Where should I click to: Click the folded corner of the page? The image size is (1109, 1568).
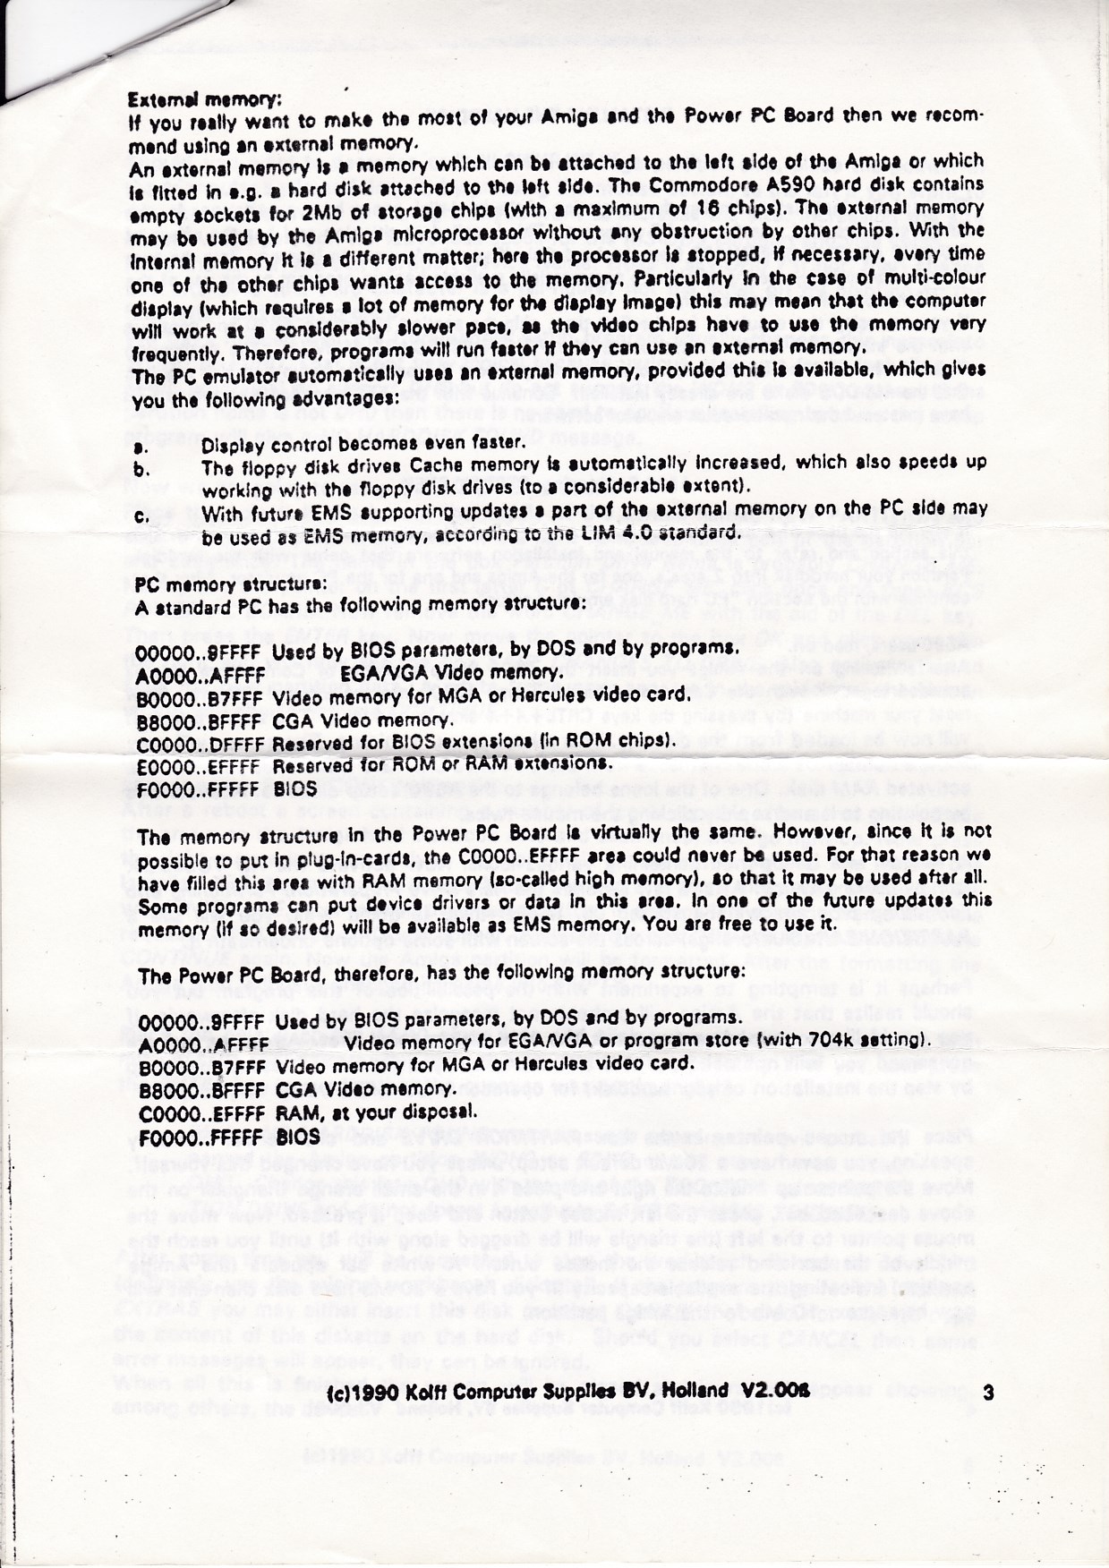pos(36,54)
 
